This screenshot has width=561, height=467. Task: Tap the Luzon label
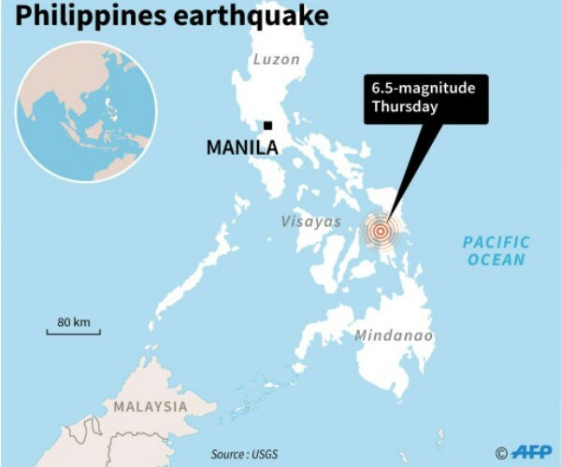point(276,60)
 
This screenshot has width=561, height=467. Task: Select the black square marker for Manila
point(267,125)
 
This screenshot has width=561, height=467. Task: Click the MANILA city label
point(242,148)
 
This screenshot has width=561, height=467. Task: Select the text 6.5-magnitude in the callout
point(423,89)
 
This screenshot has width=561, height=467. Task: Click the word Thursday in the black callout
point(404,106)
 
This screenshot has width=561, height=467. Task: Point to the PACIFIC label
point(496,243)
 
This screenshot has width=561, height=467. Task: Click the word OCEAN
point(496,261)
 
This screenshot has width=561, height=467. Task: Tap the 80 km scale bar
point(74,332)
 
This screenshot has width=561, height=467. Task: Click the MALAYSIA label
point(150,407)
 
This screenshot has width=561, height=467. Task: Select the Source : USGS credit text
point(243,454)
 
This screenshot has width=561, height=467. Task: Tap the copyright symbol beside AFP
point(501,453)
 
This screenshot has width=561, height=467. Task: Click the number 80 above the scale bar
point(64,322)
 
